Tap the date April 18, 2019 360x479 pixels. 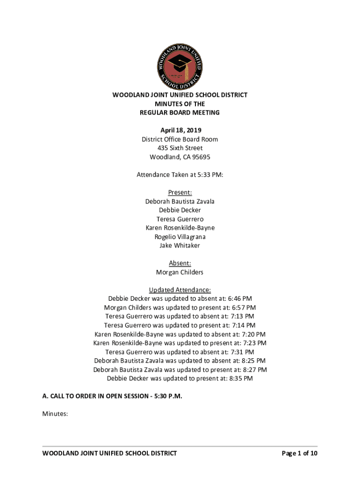(180, 130)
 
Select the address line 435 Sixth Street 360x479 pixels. (180, 148)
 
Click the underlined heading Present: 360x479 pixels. (180, 192)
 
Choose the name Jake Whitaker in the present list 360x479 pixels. (180, 245)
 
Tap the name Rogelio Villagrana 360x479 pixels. (180, 237)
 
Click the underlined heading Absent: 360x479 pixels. (180, 263)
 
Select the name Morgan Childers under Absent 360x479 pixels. (180, 272)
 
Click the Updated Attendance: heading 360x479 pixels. (180, 290)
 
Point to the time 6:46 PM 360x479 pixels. (241, 298)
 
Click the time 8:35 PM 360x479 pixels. (241, 378)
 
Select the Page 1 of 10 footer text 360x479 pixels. (299, 453)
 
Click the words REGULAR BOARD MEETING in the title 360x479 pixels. (180, 112)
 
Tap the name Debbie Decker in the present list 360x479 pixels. (180, 210)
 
